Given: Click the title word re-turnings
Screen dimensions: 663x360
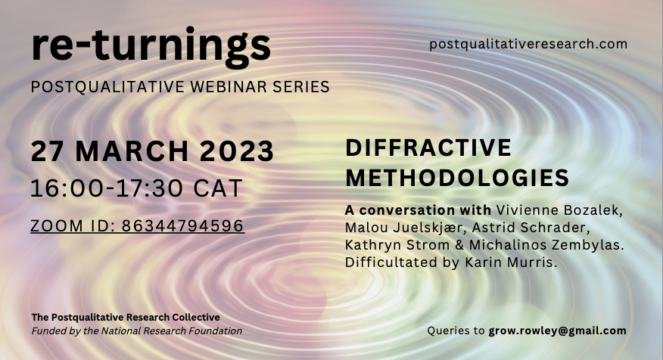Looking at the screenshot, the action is click(151, 45).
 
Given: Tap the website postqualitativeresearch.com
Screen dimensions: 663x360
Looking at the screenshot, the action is click(528, 44).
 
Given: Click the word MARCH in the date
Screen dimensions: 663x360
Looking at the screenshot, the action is click(132, 151).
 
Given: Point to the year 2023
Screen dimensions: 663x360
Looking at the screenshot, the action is click(237, 151).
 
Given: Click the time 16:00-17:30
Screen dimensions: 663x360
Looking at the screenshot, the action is click(107, 188).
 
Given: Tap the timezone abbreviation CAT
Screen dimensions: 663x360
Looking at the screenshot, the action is click(218, 188).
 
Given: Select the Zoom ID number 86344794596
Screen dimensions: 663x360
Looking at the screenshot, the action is click(182, 225).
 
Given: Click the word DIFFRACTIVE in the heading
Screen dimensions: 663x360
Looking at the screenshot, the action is click(428, 147).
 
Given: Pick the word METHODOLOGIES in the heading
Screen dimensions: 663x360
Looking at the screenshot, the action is click(457, 178).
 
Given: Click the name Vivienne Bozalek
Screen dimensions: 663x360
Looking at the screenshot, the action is click(559, 210).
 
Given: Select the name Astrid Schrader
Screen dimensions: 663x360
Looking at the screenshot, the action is click(528, 228).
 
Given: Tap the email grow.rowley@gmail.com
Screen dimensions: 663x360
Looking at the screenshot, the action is click(557, 331).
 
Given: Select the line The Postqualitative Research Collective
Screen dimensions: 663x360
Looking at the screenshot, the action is click(126, 317).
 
